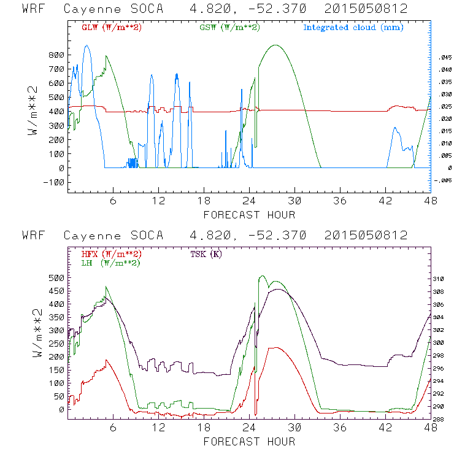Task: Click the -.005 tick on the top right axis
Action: coord(442,180)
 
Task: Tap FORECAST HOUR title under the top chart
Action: coord(249,215)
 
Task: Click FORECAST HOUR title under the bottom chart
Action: coord(249,441)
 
